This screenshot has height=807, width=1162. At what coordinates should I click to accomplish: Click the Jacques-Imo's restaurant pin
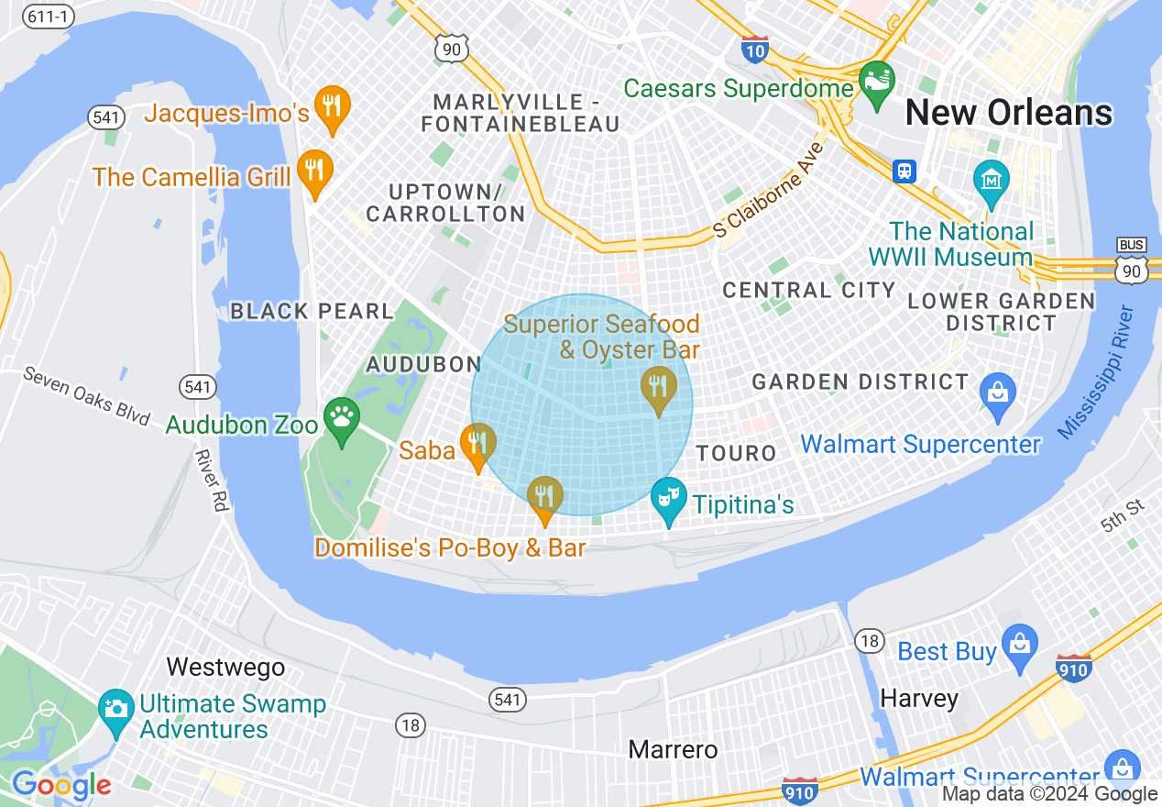(x=331, y=106)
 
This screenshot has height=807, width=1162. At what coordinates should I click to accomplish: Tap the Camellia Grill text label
(x=192, y=177)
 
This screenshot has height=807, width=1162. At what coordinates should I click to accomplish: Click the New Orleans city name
(x=1009, y=113)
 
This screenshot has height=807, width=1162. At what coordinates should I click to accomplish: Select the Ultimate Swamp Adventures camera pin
(x=116, y=711)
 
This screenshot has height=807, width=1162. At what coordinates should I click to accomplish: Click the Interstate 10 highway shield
(x=754, y=48)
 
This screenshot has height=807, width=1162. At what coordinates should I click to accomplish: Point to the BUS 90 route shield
(x=1132, y=260)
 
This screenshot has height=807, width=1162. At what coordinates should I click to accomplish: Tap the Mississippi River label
(x=1096, y=372)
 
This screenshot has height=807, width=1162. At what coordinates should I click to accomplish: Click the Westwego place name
(x=225, y=667)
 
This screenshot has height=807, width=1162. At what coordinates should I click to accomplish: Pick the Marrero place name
(x=673, y=749)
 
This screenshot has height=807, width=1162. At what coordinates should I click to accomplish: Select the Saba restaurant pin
(x=477, y=444)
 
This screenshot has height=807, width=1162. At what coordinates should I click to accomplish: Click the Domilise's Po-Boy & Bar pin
(x=545, y=498)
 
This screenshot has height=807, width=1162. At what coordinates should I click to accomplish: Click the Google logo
(x=61, y=786)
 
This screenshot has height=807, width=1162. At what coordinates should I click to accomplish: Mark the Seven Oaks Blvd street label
(x=86, y=396)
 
